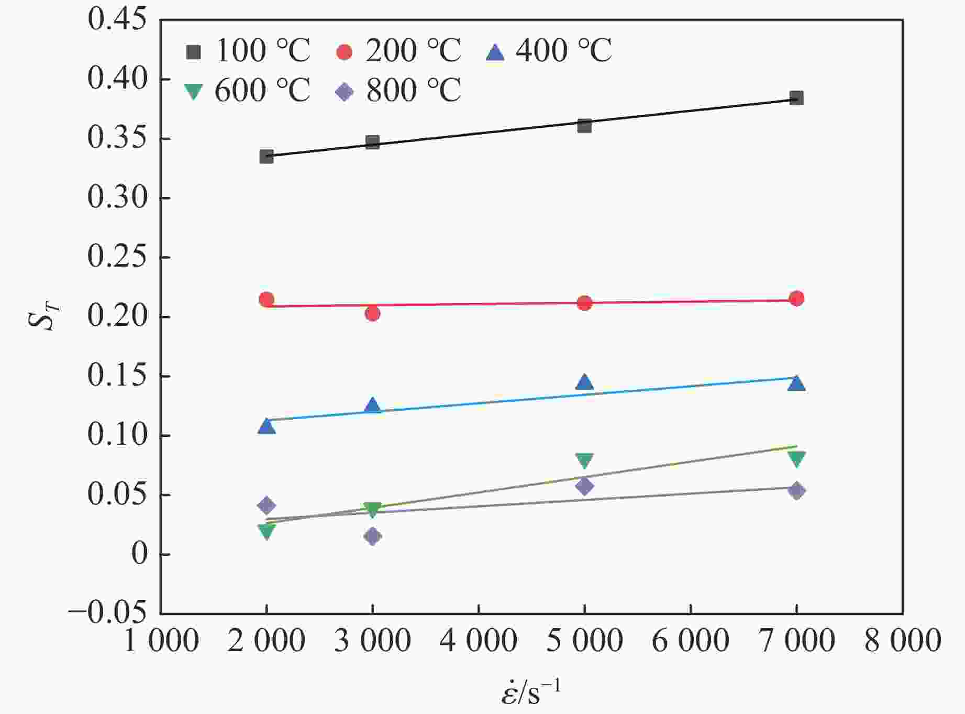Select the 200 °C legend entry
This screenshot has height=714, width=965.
click(398, 51)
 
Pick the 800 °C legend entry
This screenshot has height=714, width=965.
click(398, 91)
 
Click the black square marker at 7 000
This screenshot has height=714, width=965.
click(796, 98)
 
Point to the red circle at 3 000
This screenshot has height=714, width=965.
click(372, 314)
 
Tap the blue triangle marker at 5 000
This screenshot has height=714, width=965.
click(584, 382)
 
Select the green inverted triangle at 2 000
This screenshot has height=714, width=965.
click(267, 531)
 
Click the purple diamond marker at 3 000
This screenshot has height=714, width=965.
click(372, 536)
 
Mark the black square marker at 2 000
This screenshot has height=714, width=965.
click(267, 156)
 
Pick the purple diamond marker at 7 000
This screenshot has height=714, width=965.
click(796, 491)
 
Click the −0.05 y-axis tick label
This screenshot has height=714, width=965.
click(107, 613)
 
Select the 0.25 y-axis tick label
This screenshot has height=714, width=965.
click(117, 257)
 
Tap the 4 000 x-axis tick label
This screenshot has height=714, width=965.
click(479, 641)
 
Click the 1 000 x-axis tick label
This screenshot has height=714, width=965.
click(161, 641)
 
